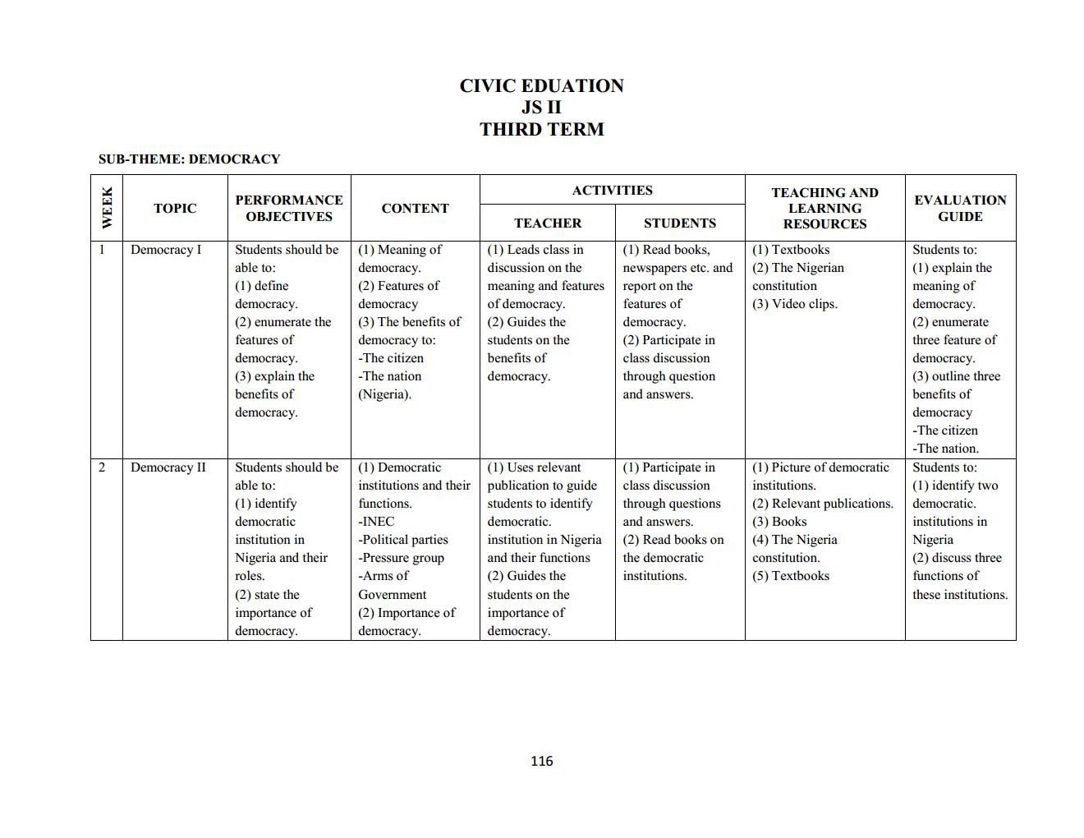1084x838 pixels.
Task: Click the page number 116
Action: (542, 761)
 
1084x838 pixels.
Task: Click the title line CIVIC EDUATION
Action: (541, 86)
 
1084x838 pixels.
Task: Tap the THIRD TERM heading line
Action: (541, 130)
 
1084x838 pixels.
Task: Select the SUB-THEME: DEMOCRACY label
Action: (189, 159)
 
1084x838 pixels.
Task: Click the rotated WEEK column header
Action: (107, 208)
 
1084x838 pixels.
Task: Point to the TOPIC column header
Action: (175, 209)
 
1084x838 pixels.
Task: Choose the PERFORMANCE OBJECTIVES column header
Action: (289, 209)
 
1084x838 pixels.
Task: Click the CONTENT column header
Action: (415, 209)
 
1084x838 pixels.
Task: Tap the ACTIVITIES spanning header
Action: (612, 191)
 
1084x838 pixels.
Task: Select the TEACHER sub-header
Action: (548, 223)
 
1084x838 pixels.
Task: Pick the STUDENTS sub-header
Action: (680, 223)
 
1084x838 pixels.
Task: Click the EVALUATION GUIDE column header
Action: (960, 209)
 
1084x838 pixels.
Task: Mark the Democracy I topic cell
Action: (166, 250)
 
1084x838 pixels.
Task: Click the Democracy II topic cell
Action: (168, 467)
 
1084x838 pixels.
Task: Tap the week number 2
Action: (102, 467)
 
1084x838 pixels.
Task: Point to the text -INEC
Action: (376, 522)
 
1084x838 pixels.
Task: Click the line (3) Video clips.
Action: (794, 304)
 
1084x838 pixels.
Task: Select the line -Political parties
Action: (403, 540)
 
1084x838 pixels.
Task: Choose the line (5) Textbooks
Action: (791, 576)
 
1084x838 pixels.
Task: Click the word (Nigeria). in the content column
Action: (384, 394)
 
